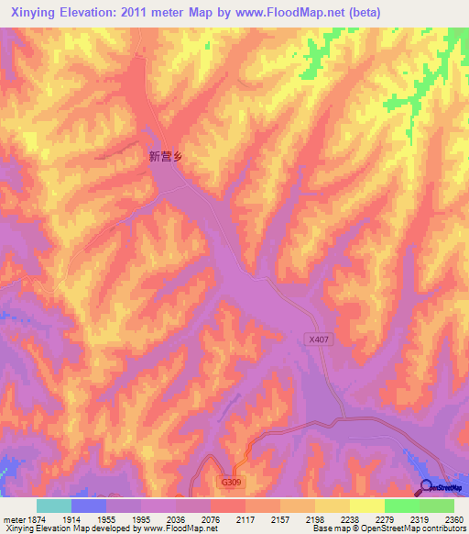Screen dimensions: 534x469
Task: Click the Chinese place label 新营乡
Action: [166, 157]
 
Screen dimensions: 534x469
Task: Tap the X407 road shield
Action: [318, 339]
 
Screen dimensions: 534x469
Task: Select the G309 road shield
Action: [232, 481]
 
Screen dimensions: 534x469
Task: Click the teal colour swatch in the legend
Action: [53, 506]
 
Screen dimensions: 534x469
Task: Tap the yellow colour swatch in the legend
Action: [366, 506]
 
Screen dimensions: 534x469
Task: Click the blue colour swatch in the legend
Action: [88, 506]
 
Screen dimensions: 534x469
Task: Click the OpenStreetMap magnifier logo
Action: [426, 488]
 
